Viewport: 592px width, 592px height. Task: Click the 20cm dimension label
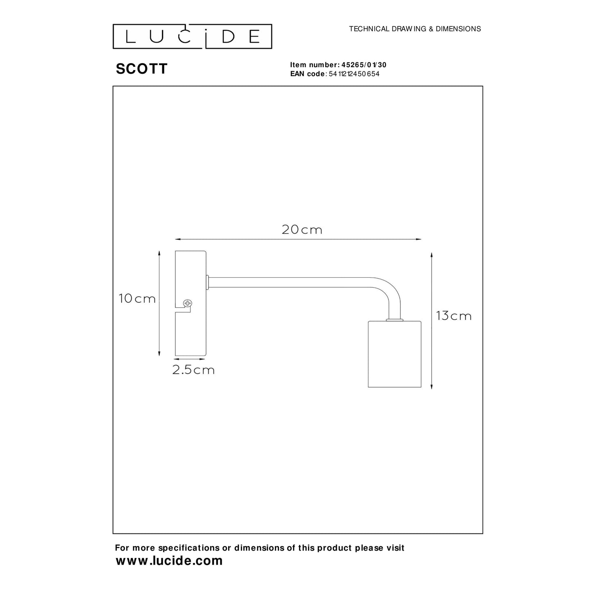click(x=302, y=230)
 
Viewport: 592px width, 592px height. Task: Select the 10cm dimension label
click(x=137, y=299)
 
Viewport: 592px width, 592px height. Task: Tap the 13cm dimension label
click(x=454, y=316)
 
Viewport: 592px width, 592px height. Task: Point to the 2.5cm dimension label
click(x=193, y=370)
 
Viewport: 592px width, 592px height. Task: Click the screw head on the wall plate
click(x=188, y=304)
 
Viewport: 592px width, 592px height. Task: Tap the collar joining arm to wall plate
click(x=208, y=282)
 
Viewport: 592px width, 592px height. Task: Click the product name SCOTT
click(x=142, y=69)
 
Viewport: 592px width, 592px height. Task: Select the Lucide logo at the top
click(x=192, y=36)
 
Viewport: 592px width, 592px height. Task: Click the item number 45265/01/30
click(x=364, y=65)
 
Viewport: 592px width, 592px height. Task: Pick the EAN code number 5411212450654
click(x=354, y=74)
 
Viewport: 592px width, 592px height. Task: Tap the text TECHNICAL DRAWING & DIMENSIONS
click(x=415, y=29)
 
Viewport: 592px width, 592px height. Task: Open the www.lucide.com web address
click(x=169, y=560)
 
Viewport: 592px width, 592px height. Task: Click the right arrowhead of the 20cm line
click(x=419, y=239)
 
